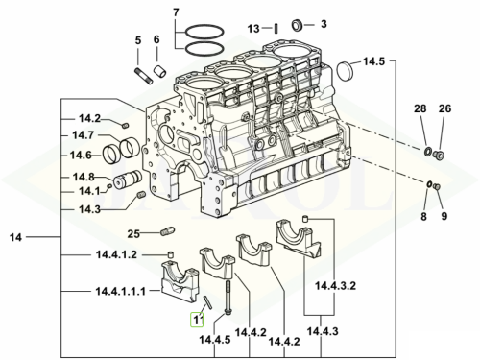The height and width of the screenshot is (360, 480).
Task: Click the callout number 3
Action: point(324,24)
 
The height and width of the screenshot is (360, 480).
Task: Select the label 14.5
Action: point(373,61)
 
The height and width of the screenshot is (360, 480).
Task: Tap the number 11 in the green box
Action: point(197,320)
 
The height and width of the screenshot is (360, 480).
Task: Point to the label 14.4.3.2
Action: point(336,285)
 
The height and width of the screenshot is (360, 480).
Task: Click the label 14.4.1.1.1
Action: point(121,292)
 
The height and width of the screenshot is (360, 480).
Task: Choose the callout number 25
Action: point(133,234)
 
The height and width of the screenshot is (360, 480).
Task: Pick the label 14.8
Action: point(84,177)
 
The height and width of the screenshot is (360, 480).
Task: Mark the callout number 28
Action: point(420,108)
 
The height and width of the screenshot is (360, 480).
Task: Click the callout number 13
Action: point(253,29)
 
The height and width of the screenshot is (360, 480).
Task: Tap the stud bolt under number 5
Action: point(144,76)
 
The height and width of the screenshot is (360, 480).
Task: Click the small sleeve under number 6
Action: point(158,71)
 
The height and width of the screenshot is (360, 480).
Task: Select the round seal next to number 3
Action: point(298,25)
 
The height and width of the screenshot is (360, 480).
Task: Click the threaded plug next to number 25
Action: point(167,231)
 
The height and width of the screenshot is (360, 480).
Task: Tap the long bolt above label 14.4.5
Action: point(228,298)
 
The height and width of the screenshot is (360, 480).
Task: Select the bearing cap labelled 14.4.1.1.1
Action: point(180,281)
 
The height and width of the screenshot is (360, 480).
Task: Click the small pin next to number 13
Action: point(276,29)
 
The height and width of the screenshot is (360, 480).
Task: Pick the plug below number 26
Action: point(439,156)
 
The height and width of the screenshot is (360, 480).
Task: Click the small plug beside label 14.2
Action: point(126,126)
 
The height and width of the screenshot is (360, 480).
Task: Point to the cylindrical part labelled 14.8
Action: point(128,180)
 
